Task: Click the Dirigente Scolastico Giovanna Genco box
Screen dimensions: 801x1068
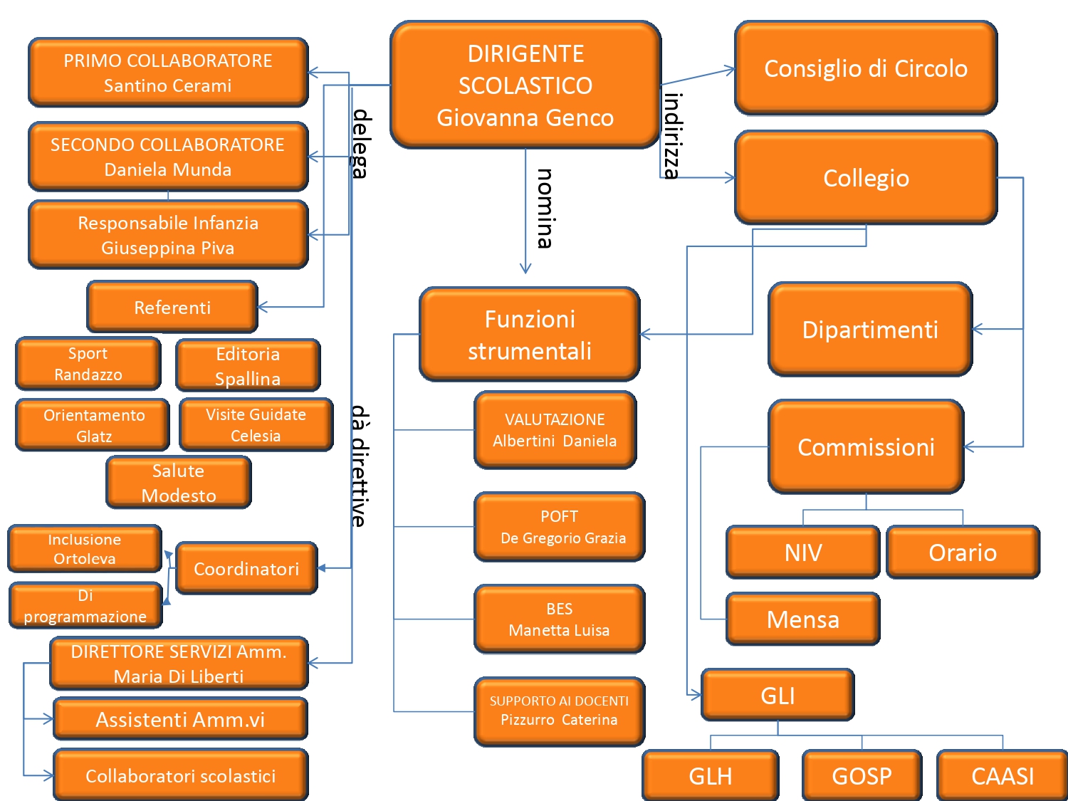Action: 525,85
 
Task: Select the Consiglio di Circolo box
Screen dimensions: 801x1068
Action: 865,68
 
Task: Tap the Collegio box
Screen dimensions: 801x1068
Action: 865,177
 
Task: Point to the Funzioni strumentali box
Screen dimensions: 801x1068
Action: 529,334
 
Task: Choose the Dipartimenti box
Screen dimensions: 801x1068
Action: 869,330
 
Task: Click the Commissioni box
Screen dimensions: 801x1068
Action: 865,446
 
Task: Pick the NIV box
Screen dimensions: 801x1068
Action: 802,552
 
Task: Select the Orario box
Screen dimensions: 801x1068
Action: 962,552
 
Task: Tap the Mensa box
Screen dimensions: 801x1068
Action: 802,619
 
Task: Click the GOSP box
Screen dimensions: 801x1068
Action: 862,775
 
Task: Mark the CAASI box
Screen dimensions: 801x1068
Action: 1002,775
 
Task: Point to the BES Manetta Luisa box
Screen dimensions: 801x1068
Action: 559,619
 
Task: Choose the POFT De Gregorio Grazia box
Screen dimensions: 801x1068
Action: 559,527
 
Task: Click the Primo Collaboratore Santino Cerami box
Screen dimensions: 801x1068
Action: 168,73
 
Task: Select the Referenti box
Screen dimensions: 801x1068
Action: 172,307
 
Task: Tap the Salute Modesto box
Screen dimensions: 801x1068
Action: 178,483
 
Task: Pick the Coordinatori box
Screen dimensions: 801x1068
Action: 246,568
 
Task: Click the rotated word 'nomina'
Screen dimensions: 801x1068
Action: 545,208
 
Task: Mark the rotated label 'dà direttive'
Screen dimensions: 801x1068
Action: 360,466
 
